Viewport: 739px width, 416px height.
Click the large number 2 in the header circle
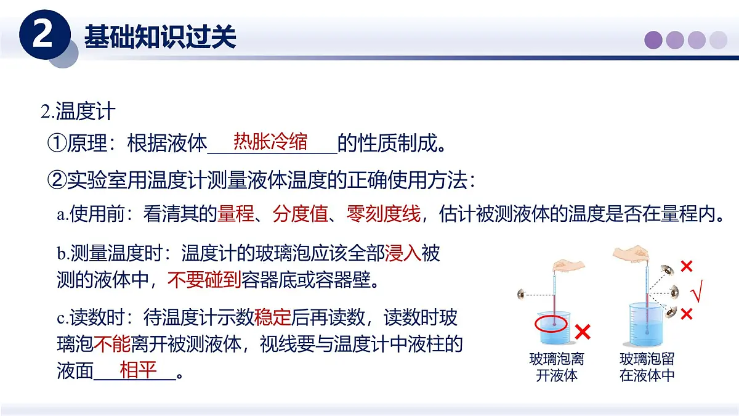click(x=44, y=36)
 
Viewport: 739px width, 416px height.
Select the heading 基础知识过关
click(x=160, y=36)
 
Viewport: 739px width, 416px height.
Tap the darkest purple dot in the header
click(x=653, y=40)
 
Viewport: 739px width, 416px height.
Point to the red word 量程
click(x=236, y=214)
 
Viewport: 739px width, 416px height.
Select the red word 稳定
click(x=272, y=317)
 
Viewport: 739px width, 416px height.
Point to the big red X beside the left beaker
click(x=582, y=333)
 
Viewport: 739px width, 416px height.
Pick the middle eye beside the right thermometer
click(x=675, y=292)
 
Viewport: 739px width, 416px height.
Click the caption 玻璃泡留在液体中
click(x=647, y=367)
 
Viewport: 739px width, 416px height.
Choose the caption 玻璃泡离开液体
click(x=556, y=367)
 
